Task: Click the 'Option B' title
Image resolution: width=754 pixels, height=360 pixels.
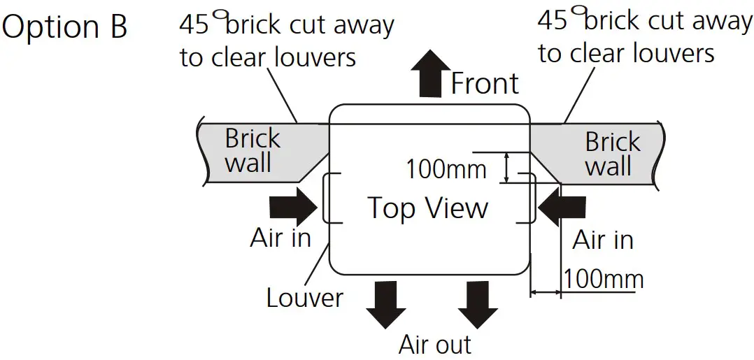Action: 65,27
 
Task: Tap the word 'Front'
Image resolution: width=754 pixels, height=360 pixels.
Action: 484,83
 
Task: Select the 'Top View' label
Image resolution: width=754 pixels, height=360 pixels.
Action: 427,208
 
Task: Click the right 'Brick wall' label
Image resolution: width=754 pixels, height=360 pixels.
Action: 612,154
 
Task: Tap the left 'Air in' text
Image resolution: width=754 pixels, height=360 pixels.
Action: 280,238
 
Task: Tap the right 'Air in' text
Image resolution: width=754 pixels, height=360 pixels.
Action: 603,240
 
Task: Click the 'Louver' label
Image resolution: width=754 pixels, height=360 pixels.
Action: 305,298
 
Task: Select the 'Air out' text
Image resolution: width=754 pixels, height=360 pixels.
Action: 435,344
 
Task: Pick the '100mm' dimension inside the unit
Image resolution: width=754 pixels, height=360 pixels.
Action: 446,168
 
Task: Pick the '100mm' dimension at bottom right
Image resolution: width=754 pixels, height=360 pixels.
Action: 603,279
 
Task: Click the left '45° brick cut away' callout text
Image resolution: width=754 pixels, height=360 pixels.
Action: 287,41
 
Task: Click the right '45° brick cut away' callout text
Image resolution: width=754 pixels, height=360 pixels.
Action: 644,36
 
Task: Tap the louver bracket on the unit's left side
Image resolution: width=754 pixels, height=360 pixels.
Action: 327,199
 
